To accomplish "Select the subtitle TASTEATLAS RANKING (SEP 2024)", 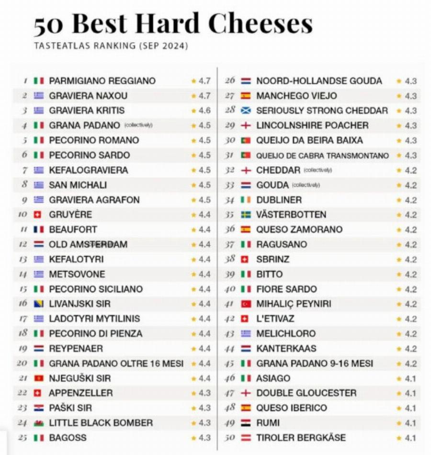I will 111,46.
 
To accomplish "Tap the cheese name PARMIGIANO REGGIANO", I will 102,81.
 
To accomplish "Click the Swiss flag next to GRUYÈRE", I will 39,215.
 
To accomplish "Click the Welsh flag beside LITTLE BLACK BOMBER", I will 39,423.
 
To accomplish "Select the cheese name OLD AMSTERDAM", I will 88,244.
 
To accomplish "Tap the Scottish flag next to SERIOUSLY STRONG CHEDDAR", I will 246,111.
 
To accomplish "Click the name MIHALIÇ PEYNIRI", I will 294,304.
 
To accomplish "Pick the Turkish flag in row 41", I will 246,304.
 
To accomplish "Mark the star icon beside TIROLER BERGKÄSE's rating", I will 399,438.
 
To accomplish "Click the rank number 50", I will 230,438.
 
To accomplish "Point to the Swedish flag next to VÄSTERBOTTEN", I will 246,215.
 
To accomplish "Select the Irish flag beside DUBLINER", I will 246,200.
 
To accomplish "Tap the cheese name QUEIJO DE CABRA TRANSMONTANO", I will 322,156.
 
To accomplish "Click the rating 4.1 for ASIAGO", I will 410,378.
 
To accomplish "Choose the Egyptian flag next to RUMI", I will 246,423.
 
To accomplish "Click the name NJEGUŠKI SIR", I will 79,378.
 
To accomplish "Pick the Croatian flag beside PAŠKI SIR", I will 39,408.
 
